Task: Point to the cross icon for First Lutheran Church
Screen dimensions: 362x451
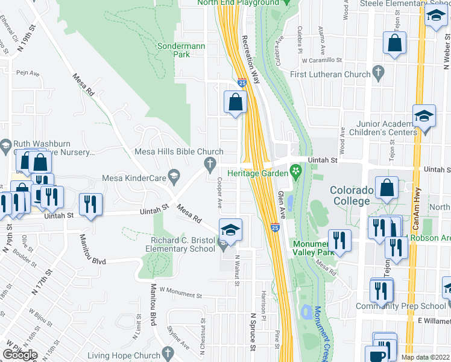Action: coord(378,74)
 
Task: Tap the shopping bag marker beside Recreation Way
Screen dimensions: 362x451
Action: coord(235,102)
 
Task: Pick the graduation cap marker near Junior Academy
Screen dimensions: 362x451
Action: coord(424,116)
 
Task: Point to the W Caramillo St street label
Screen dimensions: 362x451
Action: coord(322,60)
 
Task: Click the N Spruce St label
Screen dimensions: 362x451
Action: coord(253,331)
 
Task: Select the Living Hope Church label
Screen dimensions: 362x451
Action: coord(122,356)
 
